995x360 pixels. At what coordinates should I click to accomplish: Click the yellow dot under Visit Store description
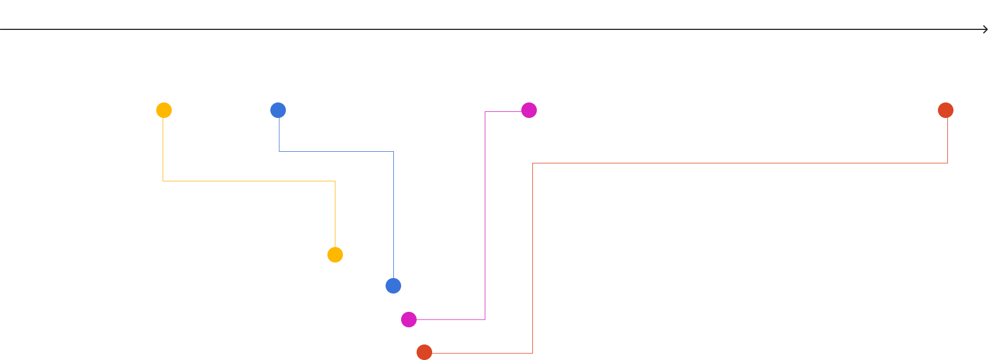(x=164, y=110)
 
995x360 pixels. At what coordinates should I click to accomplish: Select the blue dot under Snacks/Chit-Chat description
(x=278, y=110)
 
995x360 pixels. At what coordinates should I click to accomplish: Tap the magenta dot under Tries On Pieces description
(x=529, y=110)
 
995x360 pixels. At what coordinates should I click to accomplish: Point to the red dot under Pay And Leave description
(x=946, y=110)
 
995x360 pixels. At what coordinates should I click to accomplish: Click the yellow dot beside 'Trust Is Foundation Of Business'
(x=335, y=255)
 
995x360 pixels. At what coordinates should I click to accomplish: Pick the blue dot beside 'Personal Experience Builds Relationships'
(x=393, y=286)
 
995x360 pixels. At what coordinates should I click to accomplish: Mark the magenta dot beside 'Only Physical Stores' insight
(x=409, y=320)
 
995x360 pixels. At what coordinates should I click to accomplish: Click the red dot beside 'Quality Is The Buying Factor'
(x=424, y=352)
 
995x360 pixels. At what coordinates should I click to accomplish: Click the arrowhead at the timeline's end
(x=985, y=29)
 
